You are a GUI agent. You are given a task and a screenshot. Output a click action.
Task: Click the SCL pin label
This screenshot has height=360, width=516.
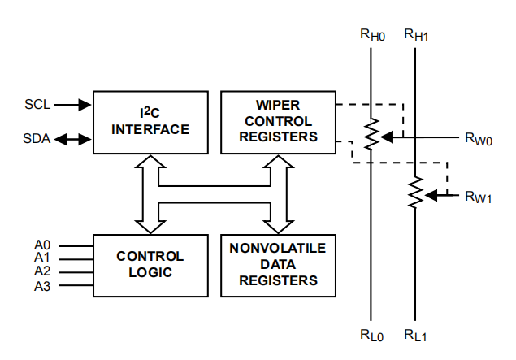point(37,104)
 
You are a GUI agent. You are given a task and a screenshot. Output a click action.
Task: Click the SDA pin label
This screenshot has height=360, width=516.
point(37,139)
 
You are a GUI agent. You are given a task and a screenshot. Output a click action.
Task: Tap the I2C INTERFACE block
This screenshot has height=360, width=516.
point(150,121)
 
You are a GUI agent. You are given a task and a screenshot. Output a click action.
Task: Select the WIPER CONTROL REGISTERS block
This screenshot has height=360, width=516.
point(277,121)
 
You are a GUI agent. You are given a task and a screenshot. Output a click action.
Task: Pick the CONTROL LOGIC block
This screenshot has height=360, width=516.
point(150,264)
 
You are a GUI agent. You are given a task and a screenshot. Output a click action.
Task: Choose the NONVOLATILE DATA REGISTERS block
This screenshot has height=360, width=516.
point(277,264)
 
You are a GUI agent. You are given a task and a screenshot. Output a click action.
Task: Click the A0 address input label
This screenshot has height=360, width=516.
point(42,245)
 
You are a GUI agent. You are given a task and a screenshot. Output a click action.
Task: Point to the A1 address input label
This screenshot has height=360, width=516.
point(42,258)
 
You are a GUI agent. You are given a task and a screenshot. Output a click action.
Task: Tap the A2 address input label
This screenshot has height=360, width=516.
point(42,272)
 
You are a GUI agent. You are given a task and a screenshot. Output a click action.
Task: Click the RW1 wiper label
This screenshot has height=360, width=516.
point(479,196)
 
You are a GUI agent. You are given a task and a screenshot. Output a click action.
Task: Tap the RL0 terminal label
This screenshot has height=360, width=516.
point(371,335)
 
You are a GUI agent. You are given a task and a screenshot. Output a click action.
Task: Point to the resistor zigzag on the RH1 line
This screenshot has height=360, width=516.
point(416,193)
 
